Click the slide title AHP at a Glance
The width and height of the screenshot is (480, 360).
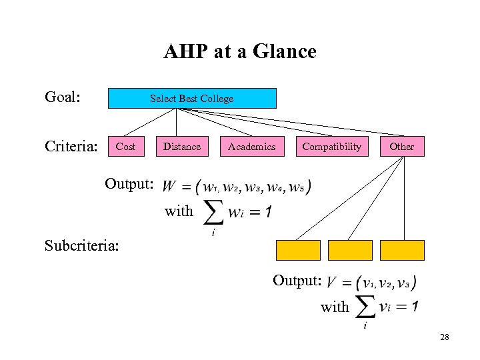click(x=240, y=51)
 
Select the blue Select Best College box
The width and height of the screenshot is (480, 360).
click(x=192, y=99)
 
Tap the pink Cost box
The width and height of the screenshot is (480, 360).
click(x=125, y=147)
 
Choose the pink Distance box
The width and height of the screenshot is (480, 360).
click(x=182, y=147)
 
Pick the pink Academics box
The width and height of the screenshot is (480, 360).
click(x=251, y=147)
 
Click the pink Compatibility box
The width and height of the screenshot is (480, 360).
click(x=331, y=147)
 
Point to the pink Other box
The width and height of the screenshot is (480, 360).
click(x=401, y=147)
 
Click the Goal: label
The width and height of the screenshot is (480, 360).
click(x=63, y=98)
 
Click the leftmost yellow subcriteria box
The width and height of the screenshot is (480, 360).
click(x=298, y=250)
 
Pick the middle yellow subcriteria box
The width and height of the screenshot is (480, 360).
click(x=350, y=250)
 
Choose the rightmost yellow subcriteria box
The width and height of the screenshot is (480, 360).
click(x=402, y=250)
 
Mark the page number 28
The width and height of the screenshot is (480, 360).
click(x=445, y=338)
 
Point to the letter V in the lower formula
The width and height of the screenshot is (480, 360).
click(x=331, y=283)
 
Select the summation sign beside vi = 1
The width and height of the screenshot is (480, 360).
click(x=364, y=307)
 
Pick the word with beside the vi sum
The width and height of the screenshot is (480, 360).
click(x=335, y=307)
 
